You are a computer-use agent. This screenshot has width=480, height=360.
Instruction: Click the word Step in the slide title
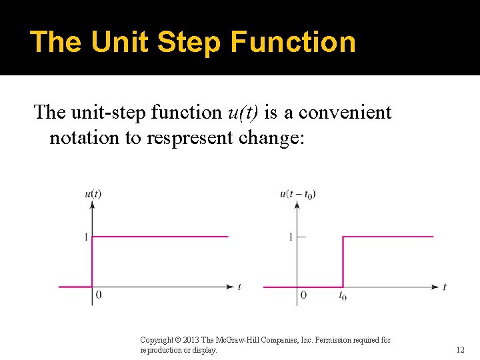click(x=191, y=41)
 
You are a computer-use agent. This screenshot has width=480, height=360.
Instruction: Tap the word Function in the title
click(x=293, y=41)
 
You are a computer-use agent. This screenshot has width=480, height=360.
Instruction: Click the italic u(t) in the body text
click(x=243, y=112)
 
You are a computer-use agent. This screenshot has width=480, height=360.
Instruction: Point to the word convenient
click(x=345, y=112)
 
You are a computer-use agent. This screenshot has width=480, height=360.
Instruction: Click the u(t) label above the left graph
click(x=93, y=194)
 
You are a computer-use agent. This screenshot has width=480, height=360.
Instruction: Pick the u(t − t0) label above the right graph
click(x=298, y=194)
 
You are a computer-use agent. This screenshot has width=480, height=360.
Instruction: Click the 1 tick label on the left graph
click(x=86, y=237)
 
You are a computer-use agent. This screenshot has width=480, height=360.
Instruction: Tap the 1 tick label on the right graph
click(x=290, y=237)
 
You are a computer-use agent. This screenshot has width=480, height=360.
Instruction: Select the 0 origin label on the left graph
click(x=99, y=295)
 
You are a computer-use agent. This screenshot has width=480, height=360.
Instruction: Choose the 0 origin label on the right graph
click(x=303, y=295)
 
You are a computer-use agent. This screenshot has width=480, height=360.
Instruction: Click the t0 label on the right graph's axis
click(x=343, y=295)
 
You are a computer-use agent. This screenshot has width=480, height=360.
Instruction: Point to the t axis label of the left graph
click(x=239, y=287)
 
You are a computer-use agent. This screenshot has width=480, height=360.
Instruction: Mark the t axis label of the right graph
click(x=444, y=287)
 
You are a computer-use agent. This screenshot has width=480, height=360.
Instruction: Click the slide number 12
click(x=460, y=349)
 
